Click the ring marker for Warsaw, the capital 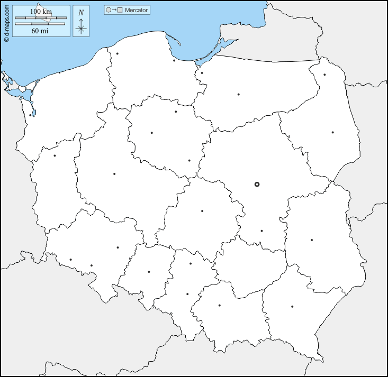coord(257,185)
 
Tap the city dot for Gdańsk coord(174,60)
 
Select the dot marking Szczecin coord(31,115)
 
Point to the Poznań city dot coord(114,174)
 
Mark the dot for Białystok coord(332,132)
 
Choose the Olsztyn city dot coord(238,95)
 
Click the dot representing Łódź coord(202,212)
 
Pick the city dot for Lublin coord(312,240)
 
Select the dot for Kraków coord(219,306)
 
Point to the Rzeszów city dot coord(292,307)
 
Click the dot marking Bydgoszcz coord(151,133)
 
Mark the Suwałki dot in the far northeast coord(324,75)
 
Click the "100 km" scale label coord(40,12)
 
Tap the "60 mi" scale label coord(40,31)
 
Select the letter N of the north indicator coord(80,13)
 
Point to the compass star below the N coord(81,28)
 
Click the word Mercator coord(136,10)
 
